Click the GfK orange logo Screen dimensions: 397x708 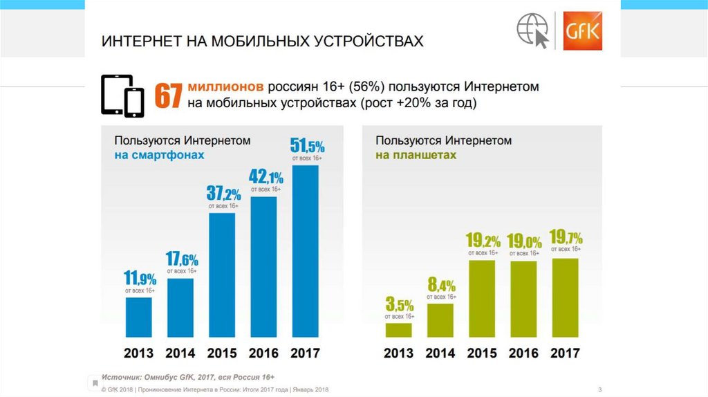tap(582, 31)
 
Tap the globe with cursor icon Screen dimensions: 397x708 tap(534, 31)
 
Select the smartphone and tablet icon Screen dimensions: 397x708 tap(122, 96)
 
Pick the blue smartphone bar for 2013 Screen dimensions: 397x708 tap(139, 318)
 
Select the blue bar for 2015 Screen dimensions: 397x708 tap(222, 276)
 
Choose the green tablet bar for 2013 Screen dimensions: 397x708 tap(399, 331)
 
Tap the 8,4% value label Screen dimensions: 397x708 tap(440, 284)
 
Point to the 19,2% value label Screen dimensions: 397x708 tap(483, 241)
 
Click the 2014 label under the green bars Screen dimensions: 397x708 tap(440, 353)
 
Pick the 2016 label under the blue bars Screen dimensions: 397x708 tap(263, 353)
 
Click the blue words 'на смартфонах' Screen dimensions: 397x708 tap(160, 155)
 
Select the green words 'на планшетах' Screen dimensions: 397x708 tap(416, 155)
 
